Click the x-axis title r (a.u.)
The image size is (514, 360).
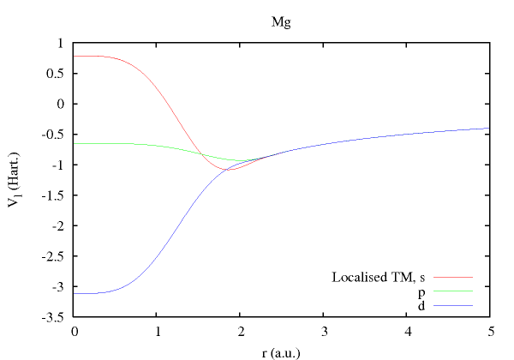click(281, 350)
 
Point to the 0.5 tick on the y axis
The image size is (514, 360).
click(61, 73)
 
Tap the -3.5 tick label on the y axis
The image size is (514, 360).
click(57, 317)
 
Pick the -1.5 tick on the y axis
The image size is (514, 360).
click(57, 195)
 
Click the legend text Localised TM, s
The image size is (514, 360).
click(378, 277)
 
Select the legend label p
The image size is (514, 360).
click(421, 291)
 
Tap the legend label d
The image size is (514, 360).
click(421, 305)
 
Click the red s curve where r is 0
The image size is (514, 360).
click(76, 56)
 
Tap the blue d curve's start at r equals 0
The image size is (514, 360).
click(76, 293)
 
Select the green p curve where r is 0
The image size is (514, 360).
click(76, 143)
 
